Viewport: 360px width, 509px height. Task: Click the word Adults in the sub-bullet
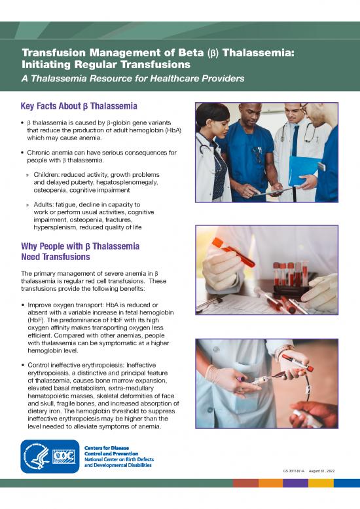click(x=46, y=205)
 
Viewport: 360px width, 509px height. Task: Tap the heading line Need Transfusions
click(x=56, y=257)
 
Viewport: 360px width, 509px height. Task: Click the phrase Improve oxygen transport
click(x=67, y=305)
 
